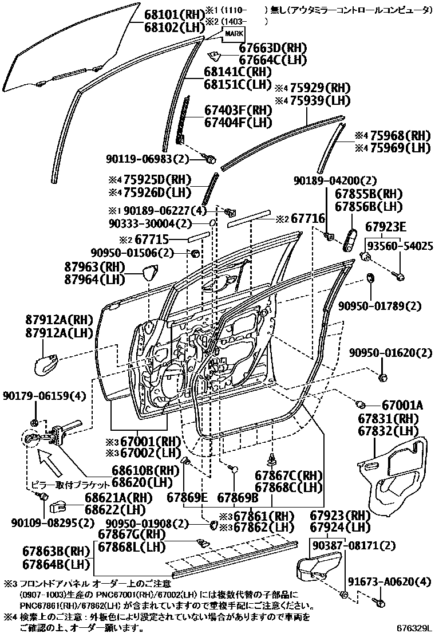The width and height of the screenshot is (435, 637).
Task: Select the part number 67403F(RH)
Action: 238,110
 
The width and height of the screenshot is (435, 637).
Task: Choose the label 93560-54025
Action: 400,246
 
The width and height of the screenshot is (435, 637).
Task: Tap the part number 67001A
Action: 402,406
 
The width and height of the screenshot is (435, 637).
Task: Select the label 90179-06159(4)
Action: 45,396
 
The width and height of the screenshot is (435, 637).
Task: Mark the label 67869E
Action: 187,497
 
